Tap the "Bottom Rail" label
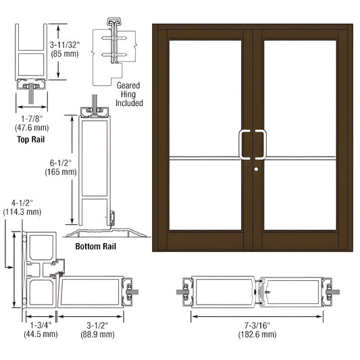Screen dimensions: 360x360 pos(96,246)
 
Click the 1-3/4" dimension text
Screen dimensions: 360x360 pos(43,324)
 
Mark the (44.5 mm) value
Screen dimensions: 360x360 pos(43,333)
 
